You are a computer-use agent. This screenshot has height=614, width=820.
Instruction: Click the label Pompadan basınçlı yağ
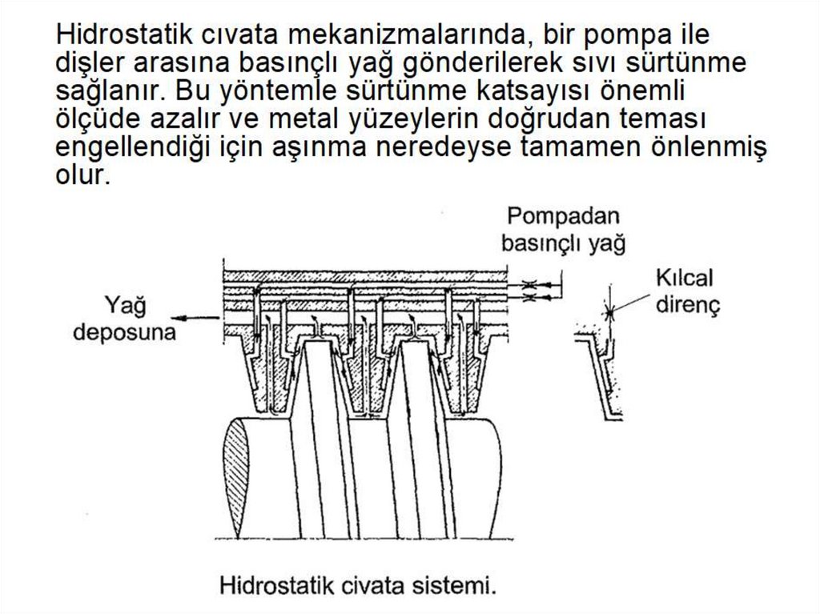coord(563,230)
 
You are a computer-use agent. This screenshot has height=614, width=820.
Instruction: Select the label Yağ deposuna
coord(124,319)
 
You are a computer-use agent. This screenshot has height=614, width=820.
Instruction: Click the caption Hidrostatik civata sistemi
coord(358,585)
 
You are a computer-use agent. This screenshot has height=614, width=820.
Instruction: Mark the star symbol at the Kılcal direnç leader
coord(609,313)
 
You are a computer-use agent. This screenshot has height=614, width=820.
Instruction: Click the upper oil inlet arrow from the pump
coord(544,284)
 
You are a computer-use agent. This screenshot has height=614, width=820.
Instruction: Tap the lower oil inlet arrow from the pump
coord(544,298)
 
